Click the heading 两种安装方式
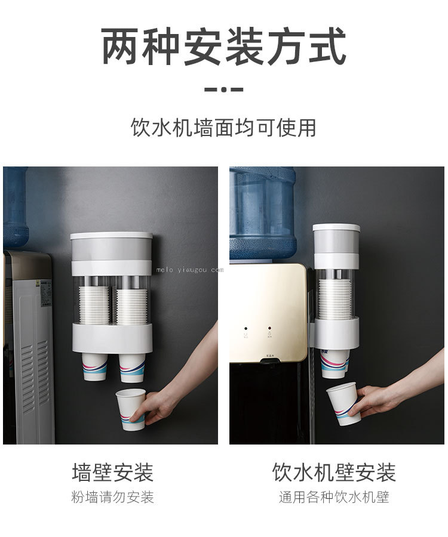coord(223,47)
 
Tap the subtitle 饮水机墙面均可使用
coord(223,128)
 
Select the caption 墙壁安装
coord(113,473)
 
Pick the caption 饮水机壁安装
coord(334,473)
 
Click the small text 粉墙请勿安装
coord(113,497)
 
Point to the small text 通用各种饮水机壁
coord(334,497)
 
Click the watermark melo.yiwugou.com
coord(189,270)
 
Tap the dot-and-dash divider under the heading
coord(223,89)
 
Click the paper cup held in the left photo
coord(131,409)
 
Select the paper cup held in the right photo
coord(343,404)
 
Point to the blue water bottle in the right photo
coord(262,213)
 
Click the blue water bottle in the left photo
coord(16,206)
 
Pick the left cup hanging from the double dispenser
coord(94,367)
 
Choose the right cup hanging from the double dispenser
coord(132,368)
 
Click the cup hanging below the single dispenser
coord(335,364)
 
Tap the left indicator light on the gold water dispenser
coord(246,328)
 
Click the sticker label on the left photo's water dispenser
coord(46,294)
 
